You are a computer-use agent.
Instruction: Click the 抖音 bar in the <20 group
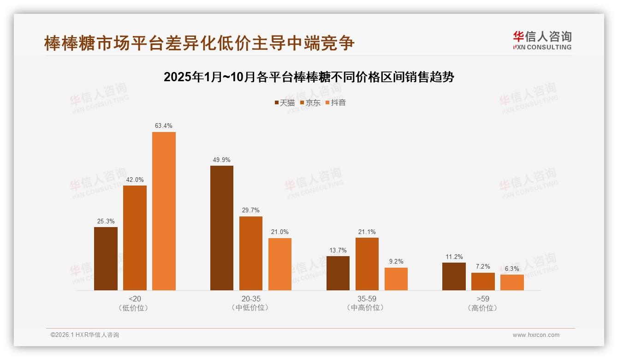coord(164,211)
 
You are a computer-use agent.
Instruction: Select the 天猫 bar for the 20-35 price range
coord(222,228)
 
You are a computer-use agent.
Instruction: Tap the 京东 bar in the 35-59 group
coord(367,264)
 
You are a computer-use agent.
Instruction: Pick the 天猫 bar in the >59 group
coord(454,276)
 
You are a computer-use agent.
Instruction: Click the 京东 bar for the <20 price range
coord(135,238)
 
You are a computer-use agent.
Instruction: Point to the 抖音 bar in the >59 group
coord(512,282)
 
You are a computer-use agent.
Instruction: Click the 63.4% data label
coord(164,126)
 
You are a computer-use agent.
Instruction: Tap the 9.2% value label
coord(396,261)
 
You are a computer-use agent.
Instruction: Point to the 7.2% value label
coord(483,266)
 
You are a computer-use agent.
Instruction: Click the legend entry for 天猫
coord(285,102)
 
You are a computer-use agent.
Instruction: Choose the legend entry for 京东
coord(310,102)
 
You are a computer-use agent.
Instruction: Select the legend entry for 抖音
coord(336,102)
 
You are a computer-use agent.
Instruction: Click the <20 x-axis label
coord(135,299)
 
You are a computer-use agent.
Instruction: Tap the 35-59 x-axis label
coord(367,299)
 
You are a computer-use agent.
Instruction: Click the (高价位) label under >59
coord(483,308)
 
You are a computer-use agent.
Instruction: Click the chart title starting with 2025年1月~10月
coord(309,77)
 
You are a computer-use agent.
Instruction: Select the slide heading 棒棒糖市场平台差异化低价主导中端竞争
coord(199,43)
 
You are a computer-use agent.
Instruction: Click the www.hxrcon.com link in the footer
coord(536,335)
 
